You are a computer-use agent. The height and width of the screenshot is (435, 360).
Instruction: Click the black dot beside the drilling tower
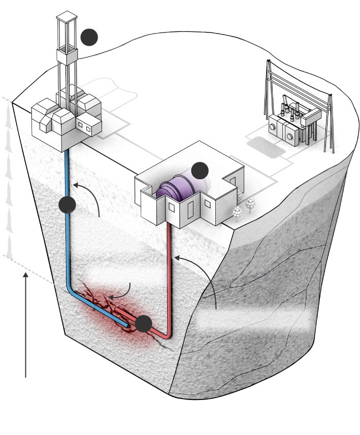pos(89,37)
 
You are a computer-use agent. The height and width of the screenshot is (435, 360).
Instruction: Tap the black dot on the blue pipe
pos(68,205)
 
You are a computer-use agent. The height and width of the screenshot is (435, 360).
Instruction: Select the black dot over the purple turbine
pos(200,170)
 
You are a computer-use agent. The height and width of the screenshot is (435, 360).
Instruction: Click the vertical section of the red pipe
pos(170,274)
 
